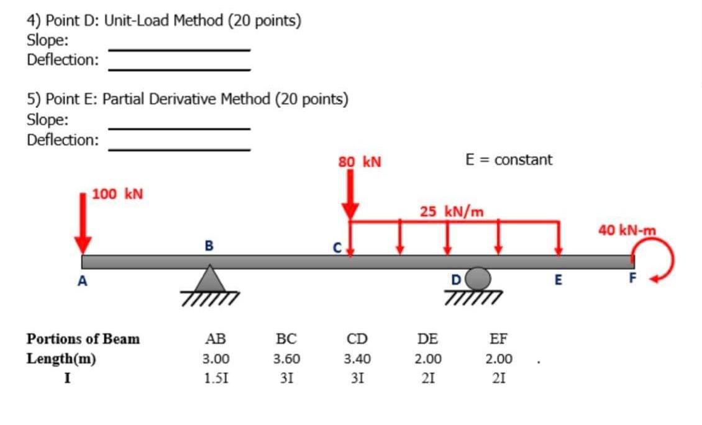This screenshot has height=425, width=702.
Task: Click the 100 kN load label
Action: [x=118, y=194]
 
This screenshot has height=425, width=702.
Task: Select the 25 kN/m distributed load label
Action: [x=452, y=212]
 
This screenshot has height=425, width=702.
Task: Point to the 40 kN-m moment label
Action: [x=627, y=231]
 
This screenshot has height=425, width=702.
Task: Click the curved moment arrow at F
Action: [x=652, y=261]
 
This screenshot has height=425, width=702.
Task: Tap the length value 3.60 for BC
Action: [x=286, y=359]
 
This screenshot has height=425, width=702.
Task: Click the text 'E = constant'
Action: [x=508, y=159]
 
